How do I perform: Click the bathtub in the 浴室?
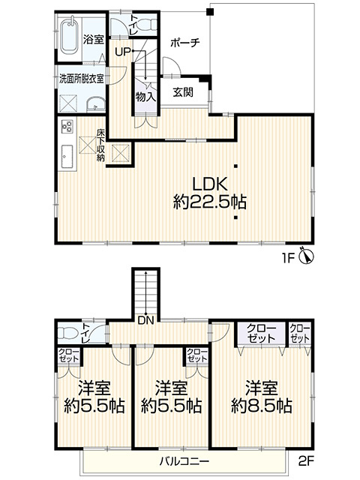(x=70, y=36)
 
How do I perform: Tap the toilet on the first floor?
(x=145, y=24)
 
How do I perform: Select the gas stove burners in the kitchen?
(x=67, y=126)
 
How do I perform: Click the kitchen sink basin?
(x=67, y=156)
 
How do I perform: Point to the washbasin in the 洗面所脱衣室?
(x=96, y=104)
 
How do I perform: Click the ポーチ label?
(x=185, y=42)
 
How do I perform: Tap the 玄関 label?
(x=183, y=92)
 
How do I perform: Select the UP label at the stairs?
(x=123, y=52)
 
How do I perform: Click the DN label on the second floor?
(x=145, y=320)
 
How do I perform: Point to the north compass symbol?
(x=306, y=255)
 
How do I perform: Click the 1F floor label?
(x=288, y=259)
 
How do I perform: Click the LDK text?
(x=210, y=184)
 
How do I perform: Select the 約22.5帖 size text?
(x=210, y=202)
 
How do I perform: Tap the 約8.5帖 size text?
(x=261, y=406)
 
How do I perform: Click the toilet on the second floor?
(x=67, y=333)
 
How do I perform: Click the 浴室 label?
(x=94, y=40)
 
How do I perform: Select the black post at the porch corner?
(x=210, y=12)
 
